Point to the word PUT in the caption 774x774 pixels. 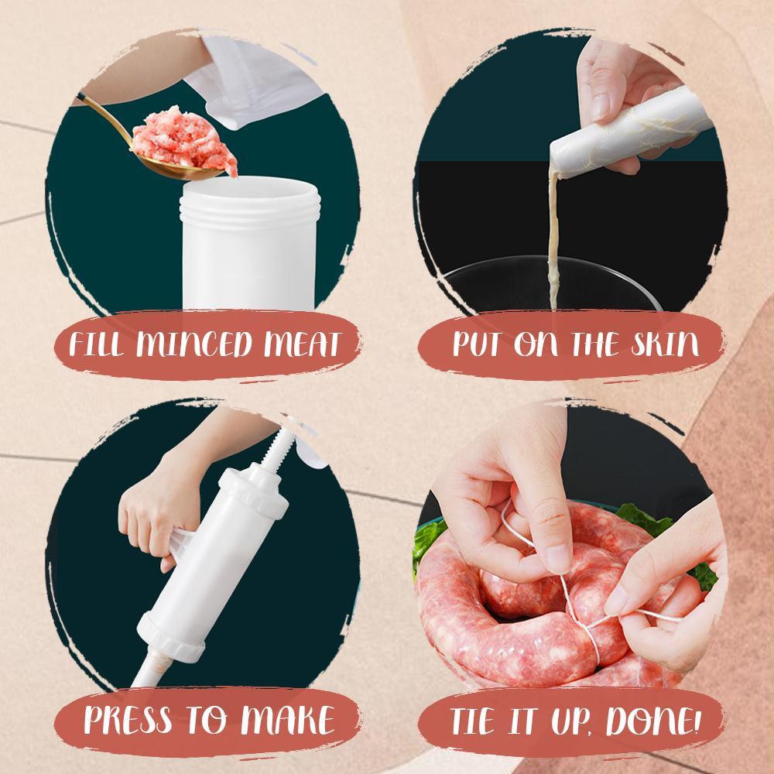coord(476,343)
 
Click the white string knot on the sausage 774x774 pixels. coord(582,619)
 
